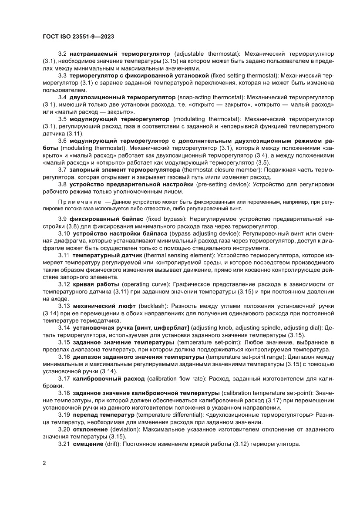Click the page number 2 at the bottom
coord(44,462)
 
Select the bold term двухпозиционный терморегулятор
coord(121,98)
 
